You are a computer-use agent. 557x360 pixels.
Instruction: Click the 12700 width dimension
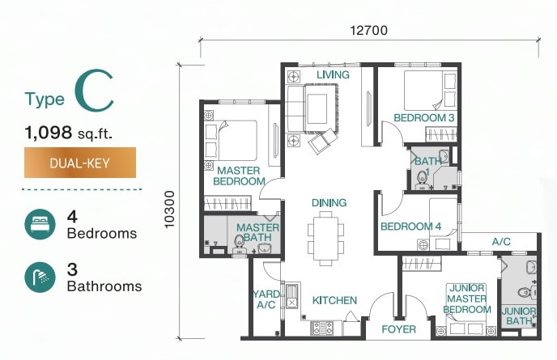coord(368,31)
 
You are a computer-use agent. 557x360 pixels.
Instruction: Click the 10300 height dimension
coord(170,210)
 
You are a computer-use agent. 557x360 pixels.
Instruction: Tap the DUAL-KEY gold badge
coord(80,163)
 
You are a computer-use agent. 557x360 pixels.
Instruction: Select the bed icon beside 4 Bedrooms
coord(40,224)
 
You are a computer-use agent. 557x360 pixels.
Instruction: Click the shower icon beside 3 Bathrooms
coord(40,277)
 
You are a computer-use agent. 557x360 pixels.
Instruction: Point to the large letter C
coord(95,91)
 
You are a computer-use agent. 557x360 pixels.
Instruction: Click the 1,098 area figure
coord(49,133)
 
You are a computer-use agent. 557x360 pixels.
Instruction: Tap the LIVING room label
coord(333,74)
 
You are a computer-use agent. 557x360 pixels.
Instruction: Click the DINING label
coord(329,203)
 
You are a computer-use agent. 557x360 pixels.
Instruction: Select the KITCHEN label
coord(334,300)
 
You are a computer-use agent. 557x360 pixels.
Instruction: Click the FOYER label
coord(398,329)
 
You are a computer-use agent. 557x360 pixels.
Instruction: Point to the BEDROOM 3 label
coord(424,118)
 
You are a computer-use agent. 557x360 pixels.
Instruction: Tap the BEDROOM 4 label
coord(411,227)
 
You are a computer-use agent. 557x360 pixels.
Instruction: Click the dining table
coord(325,238)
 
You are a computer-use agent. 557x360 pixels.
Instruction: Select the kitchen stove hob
coord(322,328)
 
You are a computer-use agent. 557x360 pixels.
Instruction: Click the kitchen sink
coord(291,296)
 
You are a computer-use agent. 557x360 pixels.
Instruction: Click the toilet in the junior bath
coord(525,292)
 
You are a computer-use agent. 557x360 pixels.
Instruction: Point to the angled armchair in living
coord(322,141)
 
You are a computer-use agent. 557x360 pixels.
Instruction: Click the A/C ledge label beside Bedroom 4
coord(501,242)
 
